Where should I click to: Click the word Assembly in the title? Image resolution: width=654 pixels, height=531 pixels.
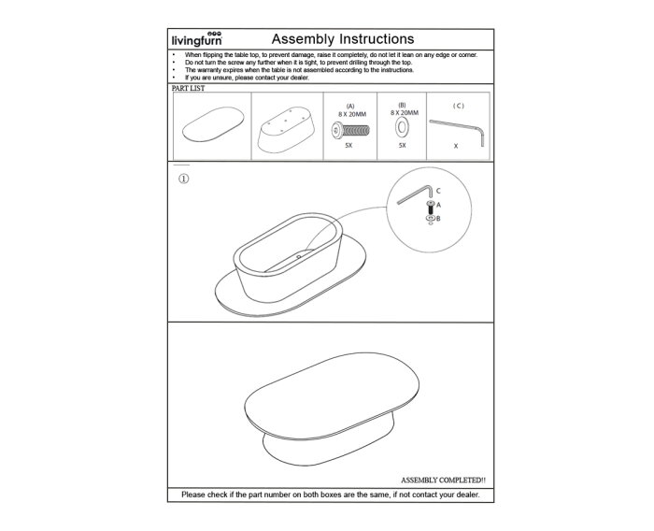[300, 39]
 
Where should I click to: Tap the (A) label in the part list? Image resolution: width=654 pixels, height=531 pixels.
[350, 106]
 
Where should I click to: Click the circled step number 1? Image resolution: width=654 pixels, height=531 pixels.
[182, 179]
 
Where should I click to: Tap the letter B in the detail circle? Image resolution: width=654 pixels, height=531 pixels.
[437, 218]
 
